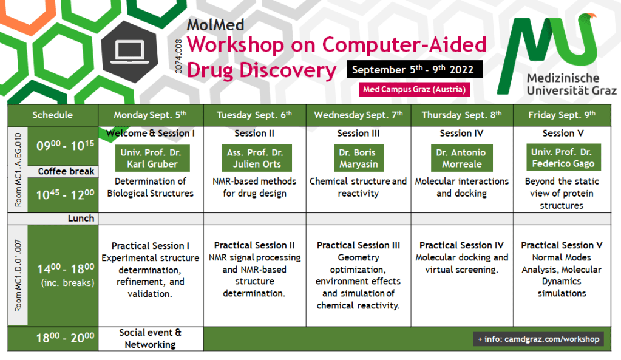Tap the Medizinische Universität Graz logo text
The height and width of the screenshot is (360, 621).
click(571, 84)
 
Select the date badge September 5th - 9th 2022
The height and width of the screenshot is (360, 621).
click(415, 69)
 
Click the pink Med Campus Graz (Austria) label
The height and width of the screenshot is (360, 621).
click(414, 89)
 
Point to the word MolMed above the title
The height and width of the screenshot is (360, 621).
click(215, 25)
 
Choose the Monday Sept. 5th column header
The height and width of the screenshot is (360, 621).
click(150, 115)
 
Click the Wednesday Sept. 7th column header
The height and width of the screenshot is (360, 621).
click(358, 115)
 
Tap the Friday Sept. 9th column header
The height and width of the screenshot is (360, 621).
click(562, 115)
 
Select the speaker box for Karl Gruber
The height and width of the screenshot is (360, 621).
click(152, 158)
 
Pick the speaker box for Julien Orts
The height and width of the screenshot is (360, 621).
click(257, 158)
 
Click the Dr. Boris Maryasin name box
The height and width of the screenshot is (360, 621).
click(358, 158)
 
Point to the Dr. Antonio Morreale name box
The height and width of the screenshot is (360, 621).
click(462, 158)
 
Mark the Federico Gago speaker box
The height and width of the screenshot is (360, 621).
click(563, 158)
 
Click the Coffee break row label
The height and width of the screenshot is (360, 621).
click(66, 171)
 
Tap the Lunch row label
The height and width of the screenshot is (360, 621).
click(81, 218)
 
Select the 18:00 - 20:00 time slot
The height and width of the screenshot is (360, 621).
click(66, 338)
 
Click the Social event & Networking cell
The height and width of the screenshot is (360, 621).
click(151, 339)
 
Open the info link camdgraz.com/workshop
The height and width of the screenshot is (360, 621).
click(538, 339)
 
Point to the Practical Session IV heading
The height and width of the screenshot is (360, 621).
click(462, 245)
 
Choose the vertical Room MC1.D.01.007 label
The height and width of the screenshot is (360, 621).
click(18, 276)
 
